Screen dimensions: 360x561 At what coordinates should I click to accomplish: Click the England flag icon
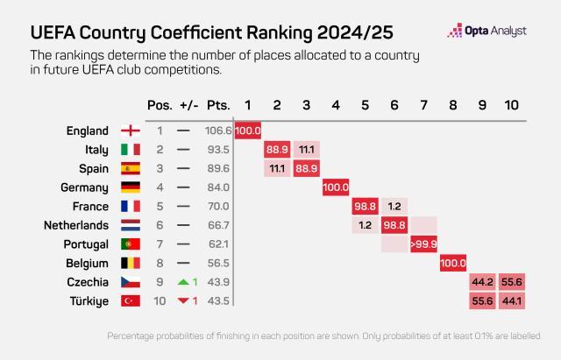[129, 131]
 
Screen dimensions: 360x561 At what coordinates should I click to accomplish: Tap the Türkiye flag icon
[129, 300]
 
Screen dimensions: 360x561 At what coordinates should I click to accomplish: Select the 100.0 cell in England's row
[248, 131]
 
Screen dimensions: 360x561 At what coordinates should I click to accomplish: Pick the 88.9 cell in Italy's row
[277, 150]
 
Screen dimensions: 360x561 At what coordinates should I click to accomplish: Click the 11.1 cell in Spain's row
[277, 168]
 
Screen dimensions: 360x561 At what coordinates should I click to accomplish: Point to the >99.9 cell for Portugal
[423, 244]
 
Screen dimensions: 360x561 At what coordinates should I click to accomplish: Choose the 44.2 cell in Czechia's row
[482, 282]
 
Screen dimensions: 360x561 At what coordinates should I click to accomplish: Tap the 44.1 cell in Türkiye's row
[512, 300]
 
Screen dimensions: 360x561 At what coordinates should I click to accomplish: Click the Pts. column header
[218, 105]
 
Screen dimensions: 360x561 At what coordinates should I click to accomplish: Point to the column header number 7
[423, 105]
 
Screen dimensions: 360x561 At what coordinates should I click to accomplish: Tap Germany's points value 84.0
[218, 187]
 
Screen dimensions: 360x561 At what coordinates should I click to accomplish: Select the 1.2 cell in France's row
[394, 206]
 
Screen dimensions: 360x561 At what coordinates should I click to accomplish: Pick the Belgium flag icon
[129, 263]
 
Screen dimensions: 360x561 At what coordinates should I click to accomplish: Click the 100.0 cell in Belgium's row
[453, 263]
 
